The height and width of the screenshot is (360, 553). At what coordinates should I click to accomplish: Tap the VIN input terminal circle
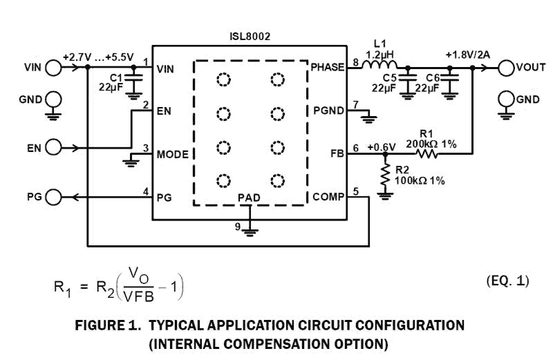click(53, 68)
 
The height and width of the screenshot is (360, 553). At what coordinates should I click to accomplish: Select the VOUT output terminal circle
click(505, 68)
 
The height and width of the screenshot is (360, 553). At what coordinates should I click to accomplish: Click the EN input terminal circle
click(53, 147)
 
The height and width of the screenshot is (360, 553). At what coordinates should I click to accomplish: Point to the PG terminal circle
click(53, 196)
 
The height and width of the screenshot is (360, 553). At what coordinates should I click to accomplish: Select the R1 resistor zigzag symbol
click(427, 155)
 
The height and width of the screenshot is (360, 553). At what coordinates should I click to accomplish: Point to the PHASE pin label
click(328, 68)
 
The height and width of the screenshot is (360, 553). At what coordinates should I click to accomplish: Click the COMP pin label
click(328, 196)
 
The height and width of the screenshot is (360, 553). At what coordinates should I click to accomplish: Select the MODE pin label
click(172, 153)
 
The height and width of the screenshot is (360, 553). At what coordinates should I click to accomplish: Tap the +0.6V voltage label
click(382, 147)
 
